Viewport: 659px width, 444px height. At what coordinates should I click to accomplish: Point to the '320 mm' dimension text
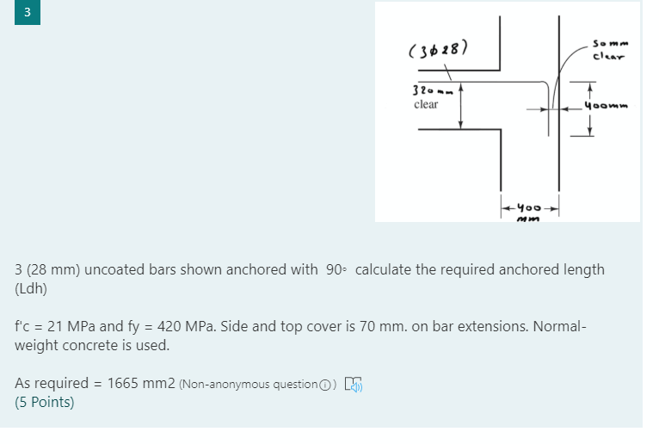(428, 90)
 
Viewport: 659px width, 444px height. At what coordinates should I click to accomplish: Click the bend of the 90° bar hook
(545, 85)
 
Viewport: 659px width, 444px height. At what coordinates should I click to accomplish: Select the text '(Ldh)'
(32, 288)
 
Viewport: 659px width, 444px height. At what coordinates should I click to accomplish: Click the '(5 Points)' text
(45, 402)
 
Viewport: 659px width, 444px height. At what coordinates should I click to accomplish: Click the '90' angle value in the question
(336, 269)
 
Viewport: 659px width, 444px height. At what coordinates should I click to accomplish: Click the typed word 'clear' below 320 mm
(426, 104)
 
